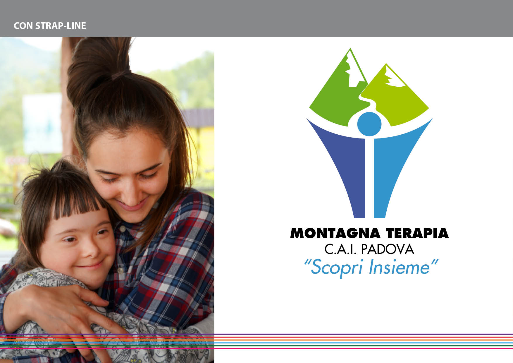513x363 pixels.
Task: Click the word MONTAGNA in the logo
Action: tap(335, 233)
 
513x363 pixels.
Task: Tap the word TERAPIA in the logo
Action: tap(417, 233)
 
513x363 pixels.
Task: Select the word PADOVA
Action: tap(388, 249)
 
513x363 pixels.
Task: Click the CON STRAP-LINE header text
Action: tap(50, 26)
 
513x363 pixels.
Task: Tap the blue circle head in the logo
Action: tap(369, 124)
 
